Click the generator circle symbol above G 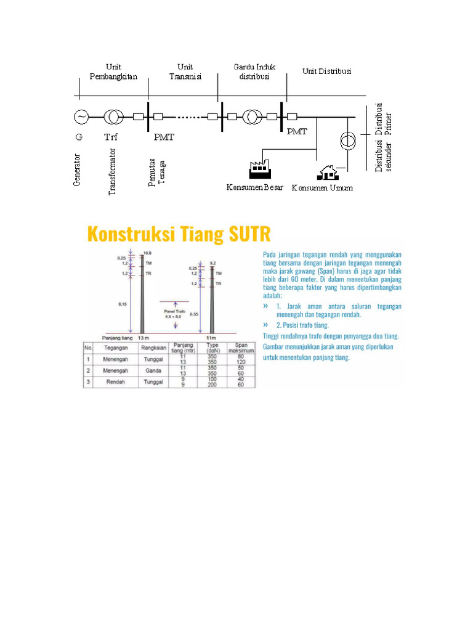click(x=81, y=116)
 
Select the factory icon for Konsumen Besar click(x=259, y=169)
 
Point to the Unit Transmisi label click(x=185, y=71)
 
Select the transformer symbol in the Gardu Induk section click(x=251, y=116)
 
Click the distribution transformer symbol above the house click(x=348, y=140)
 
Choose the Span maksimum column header click(x=242, y=347)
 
